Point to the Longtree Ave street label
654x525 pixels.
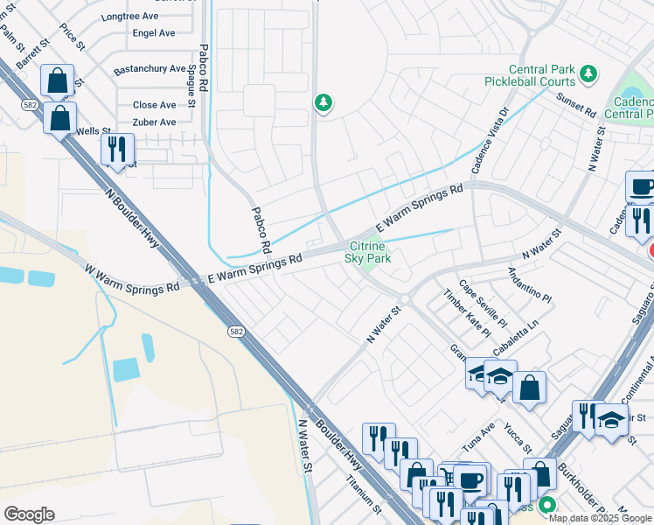pyautogui.click(x=131, y=17)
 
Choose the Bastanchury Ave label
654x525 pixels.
pyautogui.click(x=150, y=68)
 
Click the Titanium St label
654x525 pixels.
pyautogui.click(x=365, y=494)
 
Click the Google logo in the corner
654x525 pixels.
pyautogui.click(x=30, y=514)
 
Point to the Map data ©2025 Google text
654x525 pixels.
pyautogui.click(x=600, y=518)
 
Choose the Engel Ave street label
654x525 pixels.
pyautogui.click(x=153, y=33)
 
